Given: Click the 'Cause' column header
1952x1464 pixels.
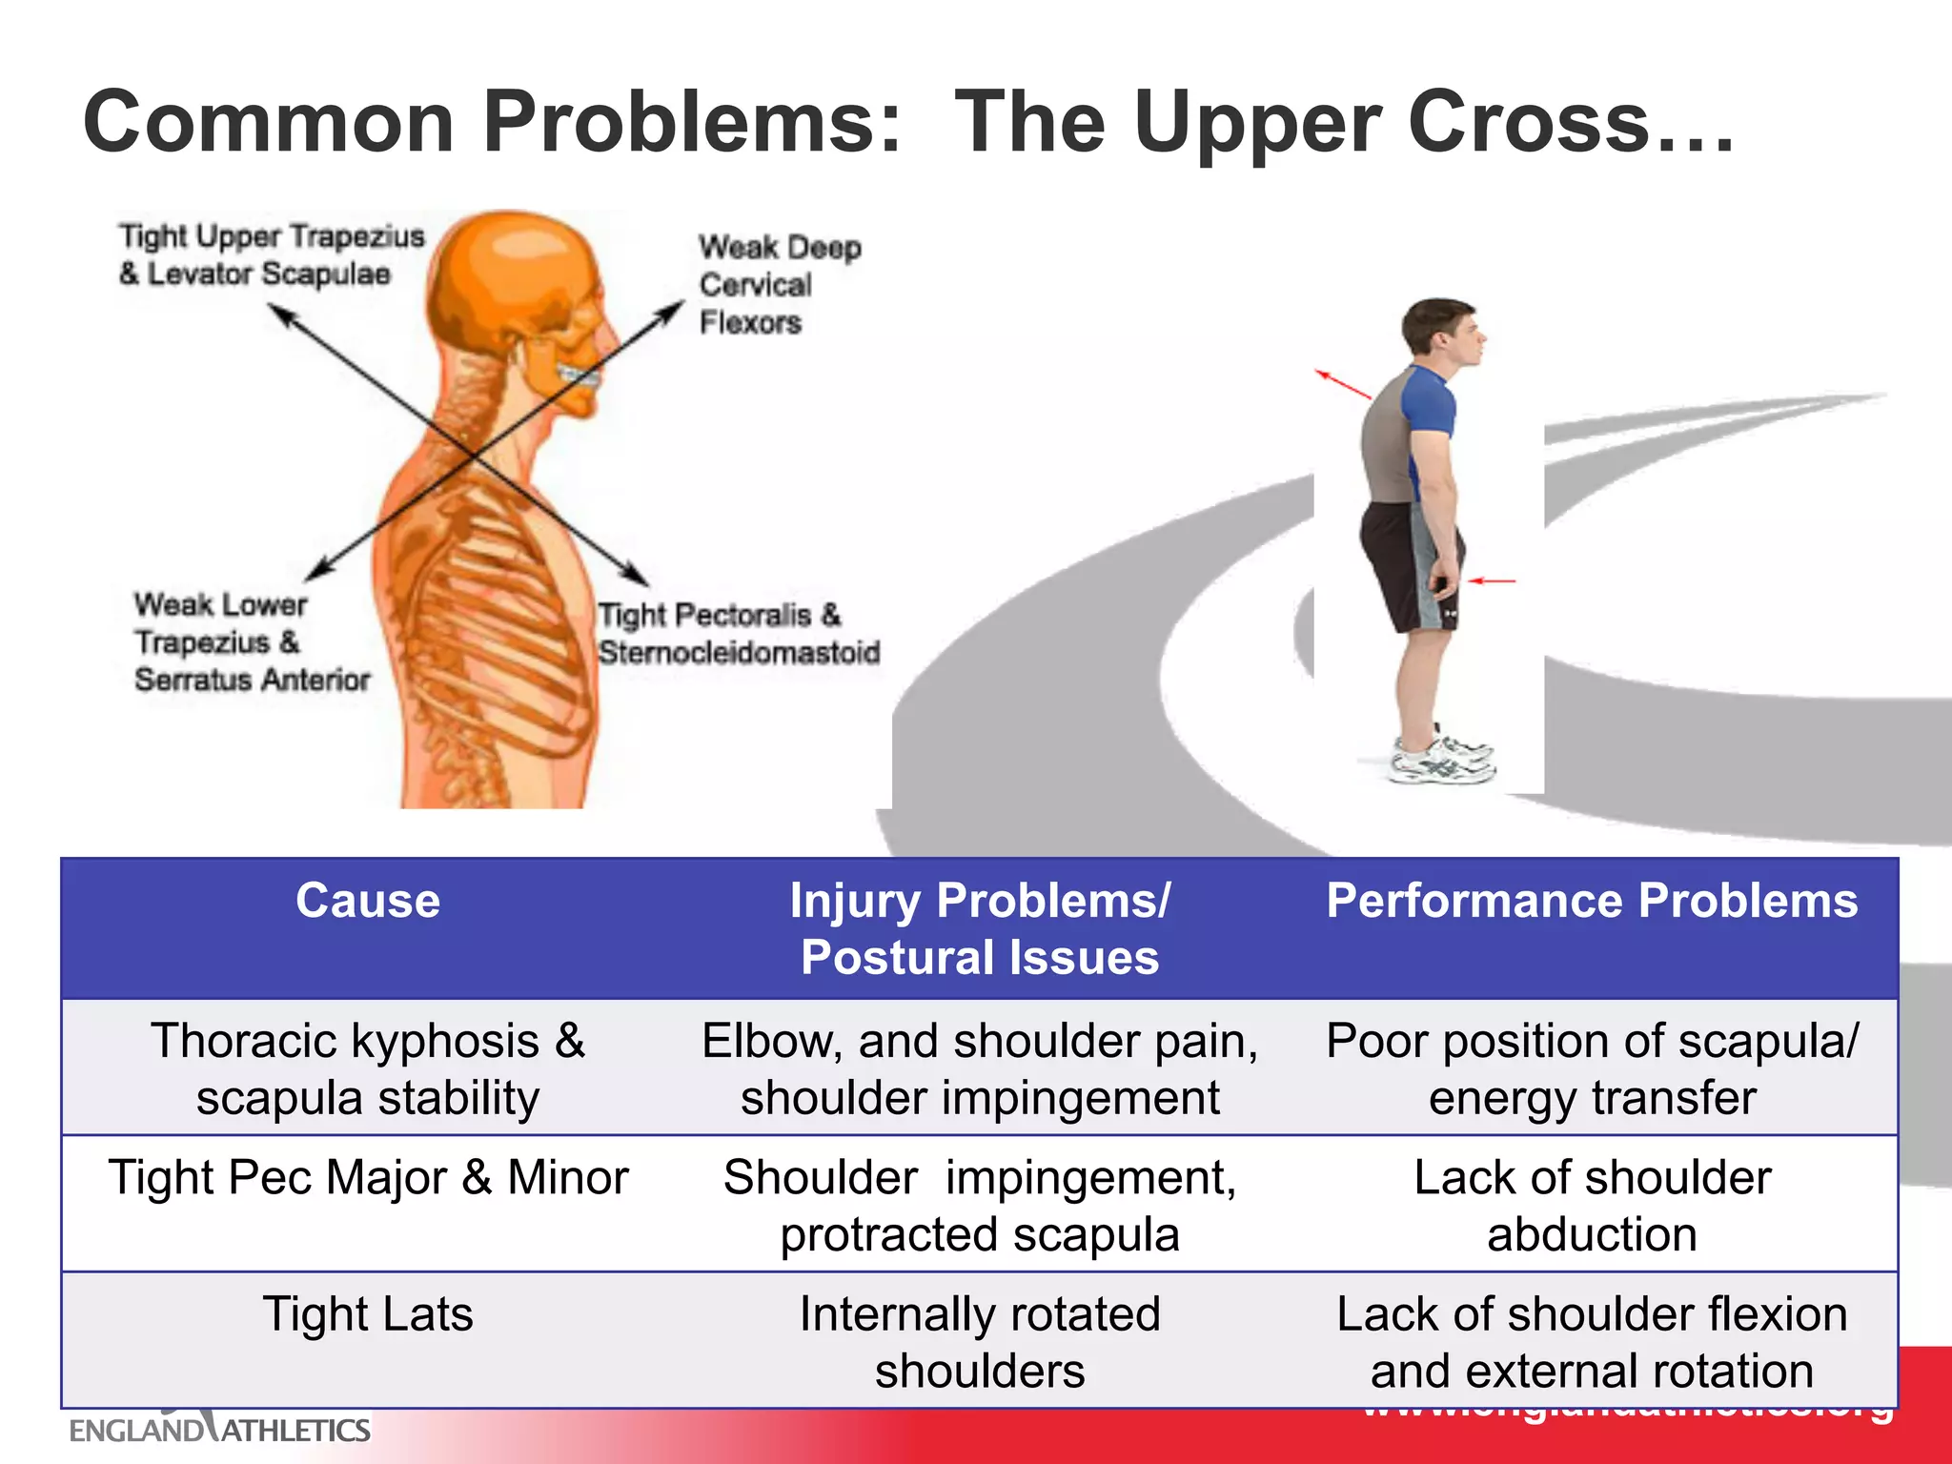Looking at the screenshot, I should [368, 902].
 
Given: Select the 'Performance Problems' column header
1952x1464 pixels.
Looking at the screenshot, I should [1592, 902].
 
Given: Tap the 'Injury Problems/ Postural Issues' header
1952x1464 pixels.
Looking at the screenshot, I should [980, 929].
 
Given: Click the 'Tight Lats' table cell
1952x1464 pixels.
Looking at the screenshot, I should [368, 1314].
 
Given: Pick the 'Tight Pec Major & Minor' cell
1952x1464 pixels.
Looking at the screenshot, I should [368, 1178].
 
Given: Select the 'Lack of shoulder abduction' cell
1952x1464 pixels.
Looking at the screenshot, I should [1592, 1206].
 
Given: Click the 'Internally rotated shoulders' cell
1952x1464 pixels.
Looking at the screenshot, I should [980, 1342].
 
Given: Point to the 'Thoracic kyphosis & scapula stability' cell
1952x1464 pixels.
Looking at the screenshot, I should [368, 1068].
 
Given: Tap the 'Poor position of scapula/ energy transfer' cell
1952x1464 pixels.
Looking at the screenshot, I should [1592, 1068].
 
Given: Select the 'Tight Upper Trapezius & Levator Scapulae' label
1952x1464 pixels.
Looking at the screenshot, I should [271, 254].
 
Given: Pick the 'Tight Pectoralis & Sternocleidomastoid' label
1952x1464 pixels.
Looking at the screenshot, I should [738, 634].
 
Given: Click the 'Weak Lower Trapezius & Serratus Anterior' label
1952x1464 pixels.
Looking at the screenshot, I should [250, 642].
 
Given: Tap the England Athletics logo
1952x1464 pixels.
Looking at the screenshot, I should [219, 1429].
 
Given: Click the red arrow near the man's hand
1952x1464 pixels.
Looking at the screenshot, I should [1492, 579].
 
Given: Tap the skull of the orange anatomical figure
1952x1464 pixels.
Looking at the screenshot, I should [515, 276].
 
